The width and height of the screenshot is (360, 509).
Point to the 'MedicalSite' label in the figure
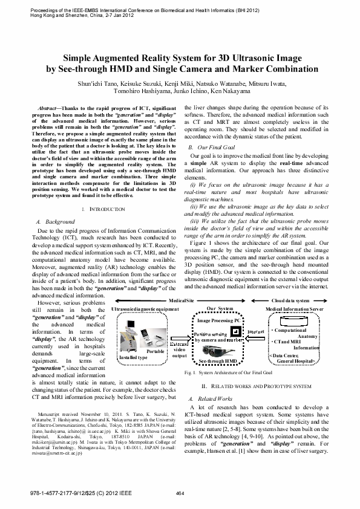click(x=181, y=300)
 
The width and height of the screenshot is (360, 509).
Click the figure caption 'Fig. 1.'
click(x=189, y=374)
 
